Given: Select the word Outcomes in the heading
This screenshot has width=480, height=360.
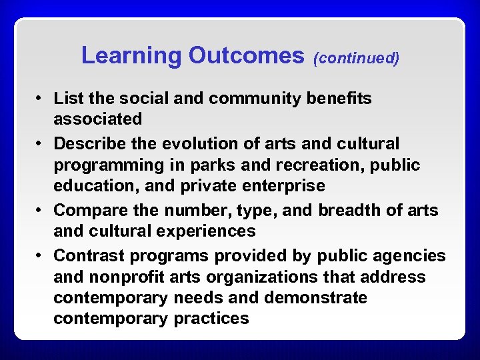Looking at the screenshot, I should tap(246, 56).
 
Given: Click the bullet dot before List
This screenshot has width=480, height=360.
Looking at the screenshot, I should tap(40, 99).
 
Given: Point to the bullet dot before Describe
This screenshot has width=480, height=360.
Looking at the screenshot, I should tap(40, 144).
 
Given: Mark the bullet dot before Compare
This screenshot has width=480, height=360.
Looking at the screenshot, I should tap(40, 211).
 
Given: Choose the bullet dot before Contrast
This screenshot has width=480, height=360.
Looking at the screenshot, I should tap(40, 256).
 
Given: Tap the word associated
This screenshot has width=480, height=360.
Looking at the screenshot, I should tap(98, 119).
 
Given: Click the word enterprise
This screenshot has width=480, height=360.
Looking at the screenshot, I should tap(287, 186).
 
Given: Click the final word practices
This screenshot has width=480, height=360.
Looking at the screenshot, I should tap(211, 319).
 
